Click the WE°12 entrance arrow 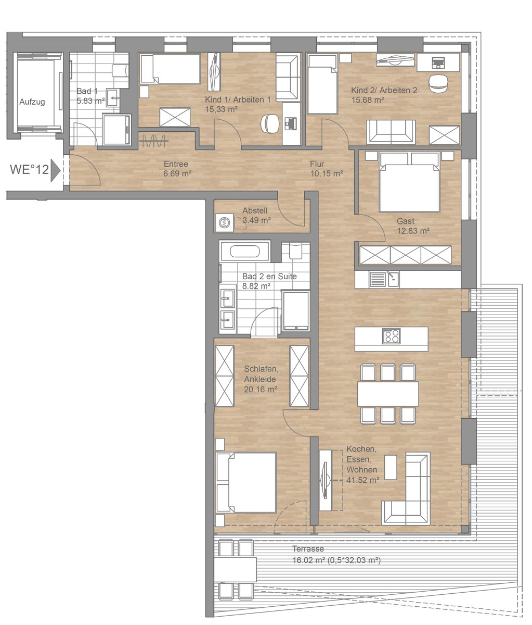coord(55,170)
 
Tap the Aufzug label coord(32,102)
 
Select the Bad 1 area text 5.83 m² coord(90,101)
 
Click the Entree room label coord(176,164)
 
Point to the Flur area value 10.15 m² coord(327,173)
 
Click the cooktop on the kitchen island coord(392,336)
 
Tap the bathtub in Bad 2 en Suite coord(244,251)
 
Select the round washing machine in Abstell coord(224,223)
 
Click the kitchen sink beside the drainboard coord(393,279)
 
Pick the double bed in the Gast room coord(409,182)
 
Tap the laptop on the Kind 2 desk coord(438,63)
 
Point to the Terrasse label coord(308,548)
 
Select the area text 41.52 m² coord(363,480)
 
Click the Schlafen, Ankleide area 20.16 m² coord(261,390)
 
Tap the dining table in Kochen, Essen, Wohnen coord(388,394)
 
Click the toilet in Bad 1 coord(120,71)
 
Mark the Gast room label coord(406,221)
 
